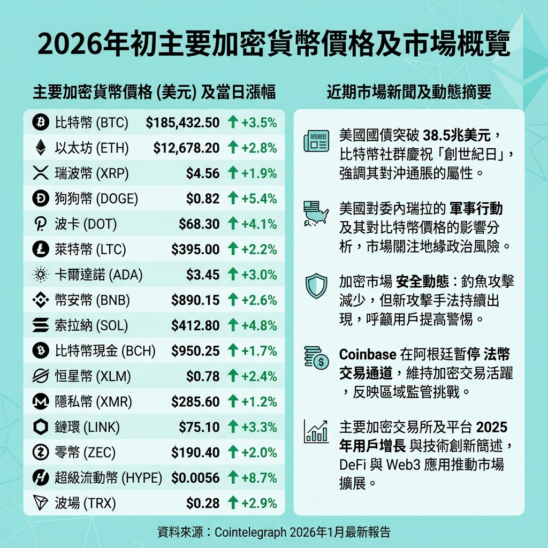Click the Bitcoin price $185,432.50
point(182,123)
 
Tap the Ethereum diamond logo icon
point(40,148)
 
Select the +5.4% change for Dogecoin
point(259,199)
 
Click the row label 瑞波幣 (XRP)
point(92,173)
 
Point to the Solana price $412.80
point(195,325)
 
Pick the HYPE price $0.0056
point(195,478)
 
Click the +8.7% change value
point(259,478)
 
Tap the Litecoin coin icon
point(40,249)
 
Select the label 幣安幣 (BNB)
point(93,300)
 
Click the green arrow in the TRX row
point(233,503)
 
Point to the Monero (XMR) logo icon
point(40,401)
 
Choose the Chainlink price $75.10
point(199,427)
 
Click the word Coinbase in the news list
point(367,354)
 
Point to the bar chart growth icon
point(315,431)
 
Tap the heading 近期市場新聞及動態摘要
point(409,93)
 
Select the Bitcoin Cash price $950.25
point(195,351)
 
